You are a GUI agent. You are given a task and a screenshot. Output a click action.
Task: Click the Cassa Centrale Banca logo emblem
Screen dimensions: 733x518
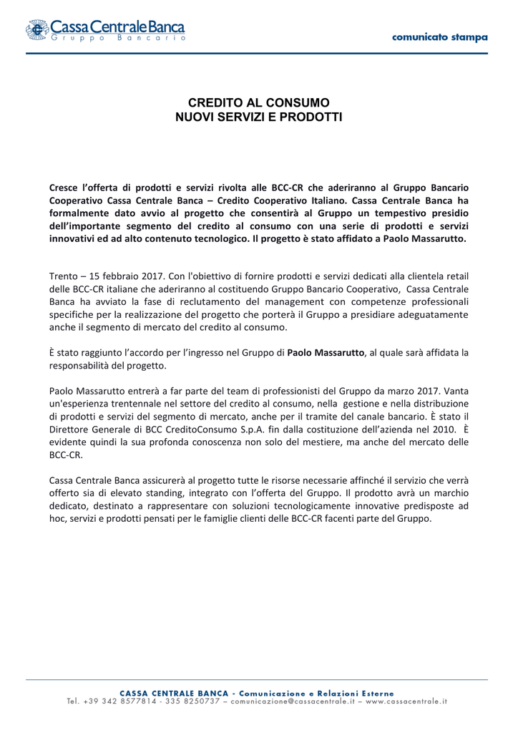click(37, 30)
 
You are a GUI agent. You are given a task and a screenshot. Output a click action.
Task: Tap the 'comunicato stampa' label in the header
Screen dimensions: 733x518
click(440, 37)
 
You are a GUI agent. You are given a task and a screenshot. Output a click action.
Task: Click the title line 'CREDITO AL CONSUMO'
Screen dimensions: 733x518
click(258, 102)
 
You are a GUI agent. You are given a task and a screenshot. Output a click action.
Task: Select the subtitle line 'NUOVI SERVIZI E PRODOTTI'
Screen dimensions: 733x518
click(258, 116)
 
